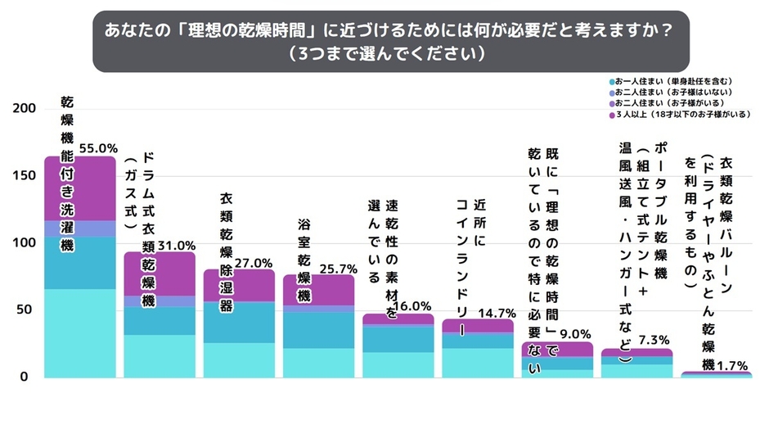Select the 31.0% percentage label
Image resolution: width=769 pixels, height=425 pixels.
(x=177, y=245)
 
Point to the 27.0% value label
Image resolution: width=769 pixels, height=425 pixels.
(x=253, y=263)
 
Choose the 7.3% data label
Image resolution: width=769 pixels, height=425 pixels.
(x=654, y=340)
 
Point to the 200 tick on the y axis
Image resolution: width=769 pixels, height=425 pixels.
(x=25, y=109)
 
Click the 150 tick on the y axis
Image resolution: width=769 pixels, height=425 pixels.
(x=25, y=176)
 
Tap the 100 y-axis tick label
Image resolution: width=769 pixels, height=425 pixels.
(x=25, y=243)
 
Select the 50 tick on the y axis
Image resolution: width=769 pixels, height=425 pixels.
(x=28, y=310)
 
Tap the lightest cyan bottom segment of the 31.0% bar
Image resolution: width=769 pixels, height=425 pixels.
(x=160, y=356)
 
